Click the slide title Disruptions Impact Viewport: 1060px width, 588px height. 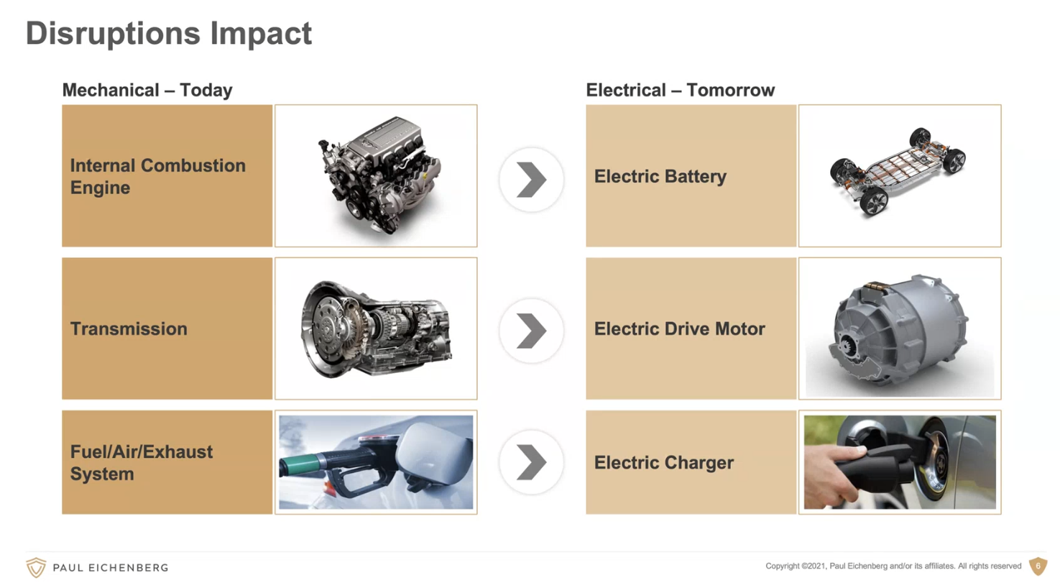pos(168,34)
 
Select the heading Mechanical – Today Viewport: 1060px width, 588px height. pos(147,90)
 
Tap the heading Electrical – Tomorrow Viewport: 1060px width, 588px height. pos(680,90)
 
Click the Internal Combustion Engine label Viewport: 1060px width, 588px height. pos(157,177)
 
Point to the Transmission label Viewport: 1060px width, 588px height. pos(129,329)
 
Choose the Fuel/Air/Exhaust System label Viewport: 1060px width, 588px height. pos(141,462)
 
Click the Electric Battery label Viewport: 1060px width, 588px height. pos(660,177)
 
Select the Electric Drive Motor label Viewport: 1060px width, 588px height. pos(679,329)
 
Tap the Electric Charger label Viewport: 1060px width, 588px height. pos(663,462)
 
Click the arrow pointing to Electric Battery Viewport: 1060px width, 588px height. pos(531,180)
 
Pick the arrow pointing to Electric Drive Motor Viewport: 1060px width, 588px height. pos(531,331)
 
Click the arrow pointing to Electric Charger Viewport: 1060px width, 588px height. pos(531,462)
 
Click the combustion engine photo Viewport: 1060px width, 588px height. pos(380,175)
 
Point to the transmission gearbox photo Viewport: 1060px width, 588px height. pos(376,329)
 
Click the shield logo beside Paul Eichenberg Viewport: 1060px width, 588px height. pos(36,567)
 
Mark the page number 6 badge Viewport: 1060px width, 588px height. pos(1038,566)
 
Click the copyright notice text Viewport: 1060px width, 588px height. pos(893,566)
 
